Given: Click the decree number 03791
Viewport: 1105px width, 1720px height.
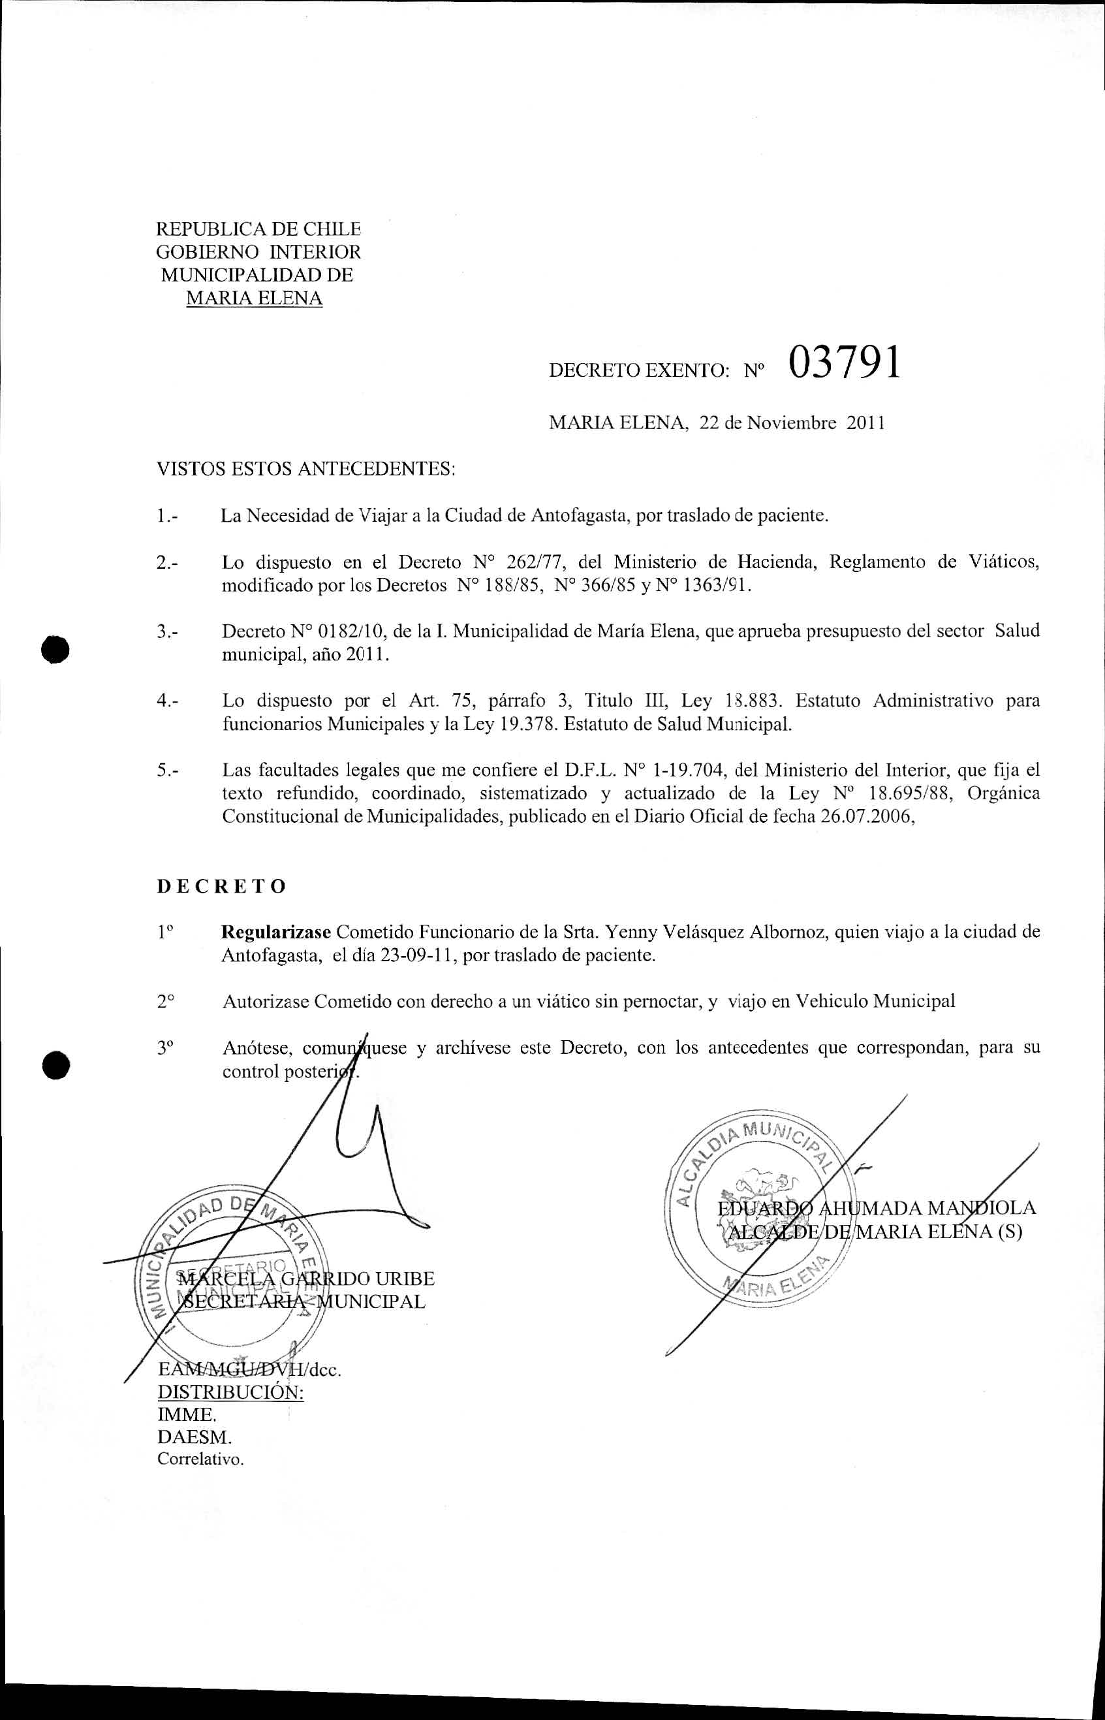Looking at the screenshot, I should (x=844, y=363).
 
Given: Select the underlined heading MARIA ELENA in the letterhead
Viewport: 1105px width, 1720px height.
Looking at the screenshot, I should (x=254, y=298).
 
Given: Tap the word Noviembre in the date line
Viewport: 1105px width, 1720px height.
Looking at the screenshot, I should (x=792, y=423).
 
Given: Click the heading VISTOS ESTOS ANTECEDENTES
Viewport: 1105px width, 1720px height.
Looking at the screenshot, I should (x=305, y=470).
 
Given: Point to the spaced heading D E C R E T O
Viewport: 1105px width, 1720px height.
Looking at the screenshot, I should (x=222, y=887).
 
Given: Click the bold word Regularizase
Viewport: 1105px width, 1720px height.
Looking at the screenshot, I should (x=276, y=932).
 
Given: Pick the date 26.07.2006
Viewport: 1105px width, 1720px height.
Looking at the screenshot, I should (x=867, y=817).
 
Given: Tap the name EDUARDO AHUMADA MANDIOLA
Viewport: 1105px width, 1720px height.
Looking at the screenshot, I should (x=877, y=1208).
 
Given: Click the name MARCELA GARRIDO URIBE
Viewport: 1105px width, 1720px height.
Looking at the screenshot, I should (x=306, y=1279).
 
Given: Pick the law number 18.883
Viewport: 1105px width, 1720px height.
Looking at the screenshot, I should (x=753, y=701).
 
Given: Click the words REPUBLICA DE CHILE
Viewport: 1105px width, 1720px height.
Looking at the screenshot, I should (x=258, y=230).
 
